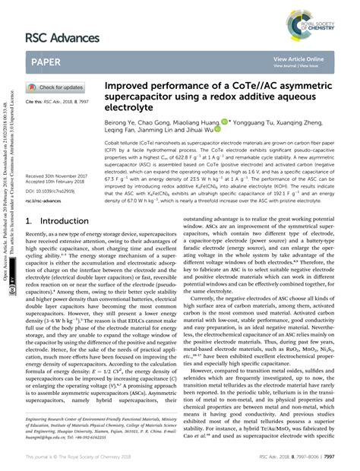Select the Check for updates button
[58, 87]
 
